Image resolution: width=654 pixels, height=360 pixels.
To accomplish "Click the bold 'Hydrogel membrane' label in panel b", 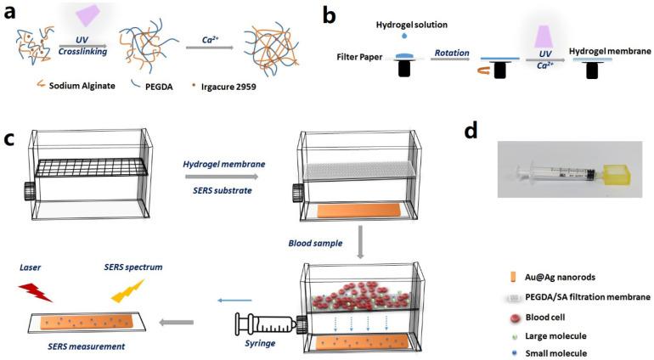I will pyautogui.click(x=610, y=51).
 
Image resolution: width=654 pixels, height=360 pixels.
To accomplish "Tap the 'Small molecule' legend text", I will pyautogui.click(x=555, y=351).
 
